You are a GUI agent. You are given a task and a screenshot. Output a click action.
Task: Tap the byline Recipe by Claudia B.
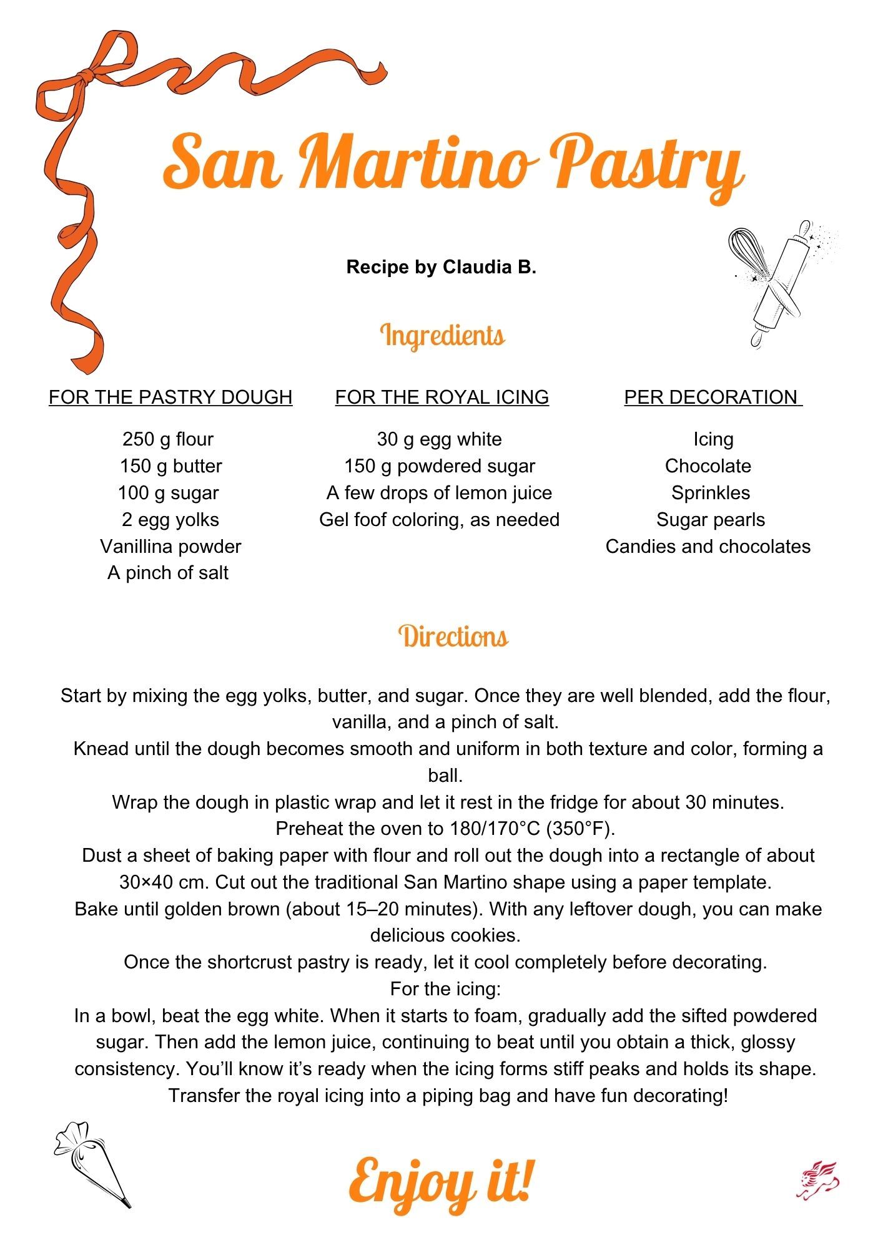441,267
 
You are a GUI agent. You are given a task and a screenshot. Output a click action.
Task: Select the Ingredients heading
442,335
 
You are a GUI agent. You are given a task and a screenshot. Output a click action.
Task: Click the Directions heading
453,636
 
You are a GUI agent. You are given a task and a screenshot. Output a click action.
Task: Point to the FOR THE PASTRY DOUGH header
170,397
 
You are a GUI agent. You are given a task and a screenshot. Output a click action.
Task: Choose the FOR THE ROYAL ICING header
442,397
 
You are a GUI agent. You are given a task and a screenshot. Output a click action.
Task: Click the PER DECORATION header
712,397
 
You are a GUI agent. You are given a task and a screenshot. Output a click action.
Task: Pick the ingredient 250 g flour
168,439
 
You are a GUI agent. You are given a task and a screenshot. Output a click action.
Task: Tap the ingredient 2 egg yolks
170,520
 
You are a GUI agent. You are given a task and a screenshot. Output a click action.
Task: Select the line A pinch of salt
168,573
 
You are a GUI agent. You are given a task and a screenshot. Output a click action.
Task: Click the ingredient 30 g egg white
439,439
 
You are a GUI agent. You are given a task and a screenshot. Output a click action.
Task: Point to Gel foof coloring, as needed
439,520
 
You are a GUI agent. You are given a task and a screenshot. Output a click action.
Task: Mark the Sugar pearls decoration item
711,520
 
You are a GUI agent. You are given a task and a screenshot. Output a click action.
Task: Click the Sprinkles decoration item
711,493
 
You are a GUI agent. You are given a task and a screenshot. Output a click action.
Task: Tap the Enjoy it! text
441,1181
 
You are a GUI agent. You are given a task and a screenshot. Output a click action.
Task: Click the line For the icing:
445,989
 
